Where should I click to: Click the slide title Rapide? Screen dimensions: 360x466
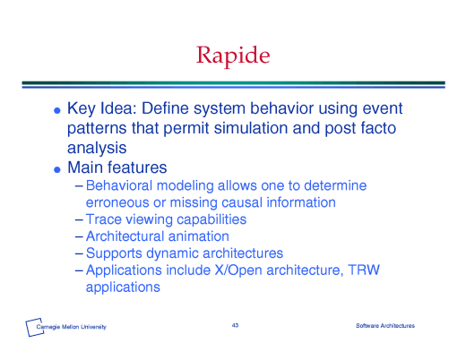(233, 56)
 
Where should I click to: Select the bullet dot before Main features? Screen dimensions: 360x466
(57, 169)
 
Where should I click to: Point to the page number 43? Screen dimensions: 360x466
(235, 325)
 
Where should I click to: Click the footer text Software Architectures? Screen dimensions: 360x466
(385, 325)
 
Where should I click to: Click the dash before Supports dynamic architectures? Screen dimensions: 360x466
(79, 253)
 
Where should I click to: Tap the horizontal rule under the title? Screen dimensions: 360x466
(233, 84)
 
